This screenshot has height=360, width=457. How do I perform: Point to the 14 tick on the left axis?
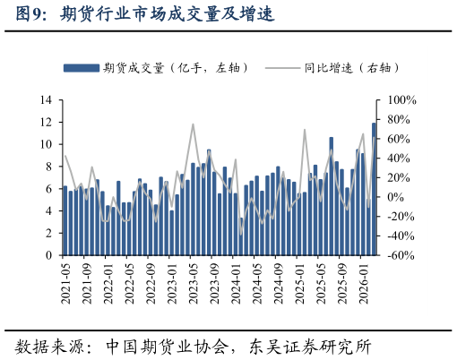tap(47, 99)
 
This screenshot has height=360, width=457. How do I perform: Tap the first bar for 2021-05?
tap(65, 221)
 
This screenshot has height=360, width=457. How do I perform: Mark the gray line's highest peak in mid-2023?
tap(193, 124)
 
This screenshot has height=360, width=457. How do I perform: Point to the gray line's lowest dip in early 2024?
tap(241, 235)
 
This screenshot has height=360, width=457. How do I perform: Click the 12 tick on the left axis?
tap(47, 122)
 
